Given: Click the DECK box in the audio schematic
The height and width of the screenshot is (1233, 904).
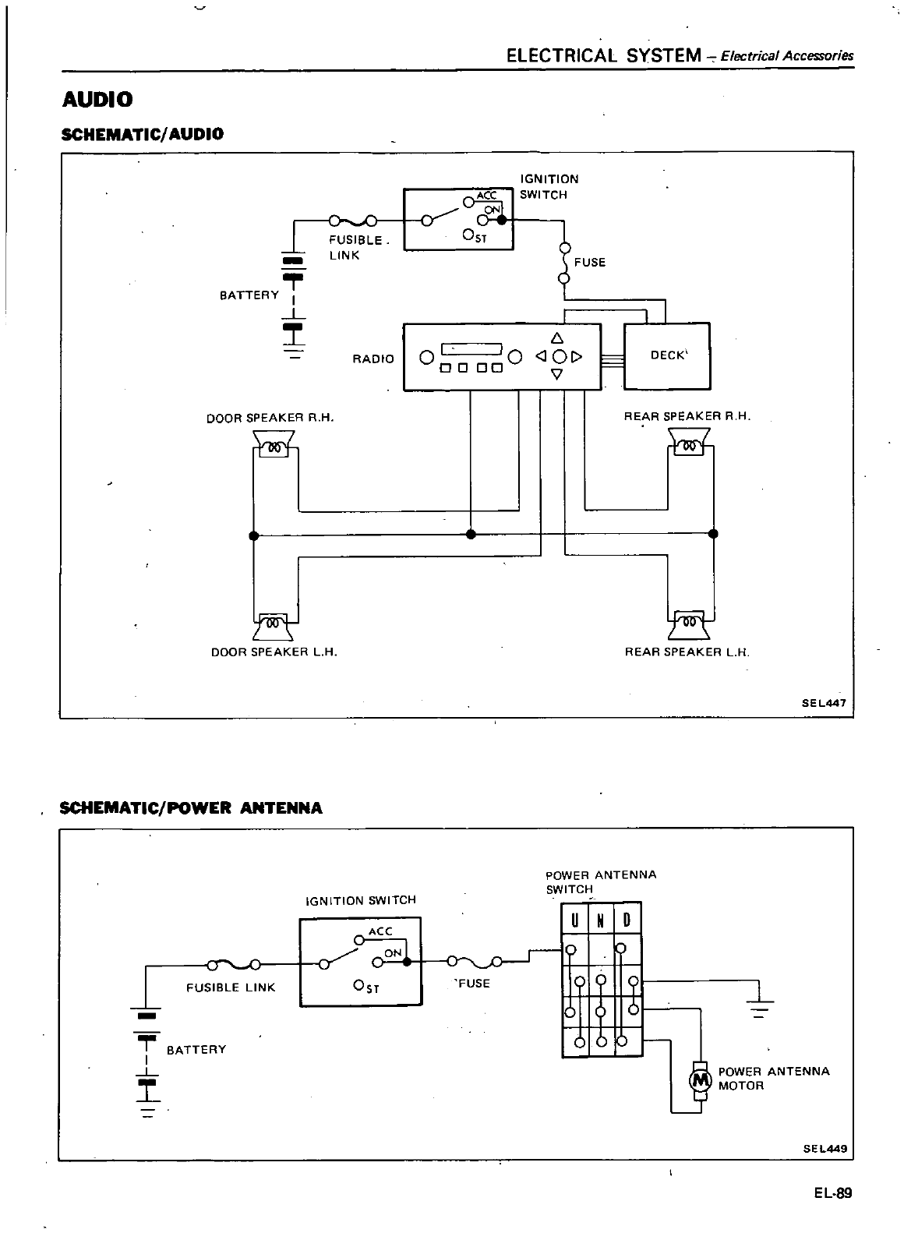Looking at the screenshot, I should pyautogui.click(x=667, y=355).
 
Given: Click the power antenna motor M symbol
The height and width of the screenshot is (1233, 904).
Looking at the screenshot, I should pyautogui.click(x=700, y=1080).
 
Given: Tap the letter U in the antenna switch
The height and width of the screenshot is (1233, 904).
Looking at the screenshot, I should pyautogui.click(x=574, y=920).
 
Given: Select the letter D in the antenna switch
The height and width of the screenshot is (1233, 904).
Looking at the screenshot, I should pyautogui.click(x=627, y=920).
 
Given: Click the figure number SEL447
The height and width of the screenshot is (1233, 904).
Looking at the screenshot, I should pyautogui.click(x=824, y=701).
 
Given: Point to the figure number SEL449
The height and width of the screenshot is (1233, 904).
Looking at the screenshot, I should pyautogui.click(x=825, y=1148).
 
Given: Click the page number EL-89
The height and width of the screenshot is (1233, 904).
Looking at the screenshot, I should pyautogui.click(x=833, y=1193).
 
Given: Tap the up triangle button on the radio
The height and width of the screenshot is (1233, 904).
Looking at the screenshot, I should pyautogui.click(x=556, y=338).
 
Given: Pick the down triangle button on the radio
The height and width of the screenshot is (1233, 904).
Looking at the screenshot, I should pyautogui.click(x=556, y=375).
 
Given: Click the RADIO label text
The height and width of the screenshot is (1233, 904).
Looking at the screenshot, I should pyautogui.click(x=373, y=359).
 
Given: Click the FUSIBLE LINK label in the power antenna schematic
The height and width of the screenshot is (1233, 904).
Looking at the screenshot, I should pyautogui.click(x=231, y=987).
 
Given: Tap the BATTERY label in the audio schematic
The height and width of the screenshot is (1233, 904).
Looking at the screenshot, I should pyautogui.click(x=249, y=295).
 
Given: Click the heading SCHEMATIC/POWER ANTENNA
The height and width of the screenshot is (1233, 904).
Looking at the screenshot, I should pyautogui.click(x=191, y=807).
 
